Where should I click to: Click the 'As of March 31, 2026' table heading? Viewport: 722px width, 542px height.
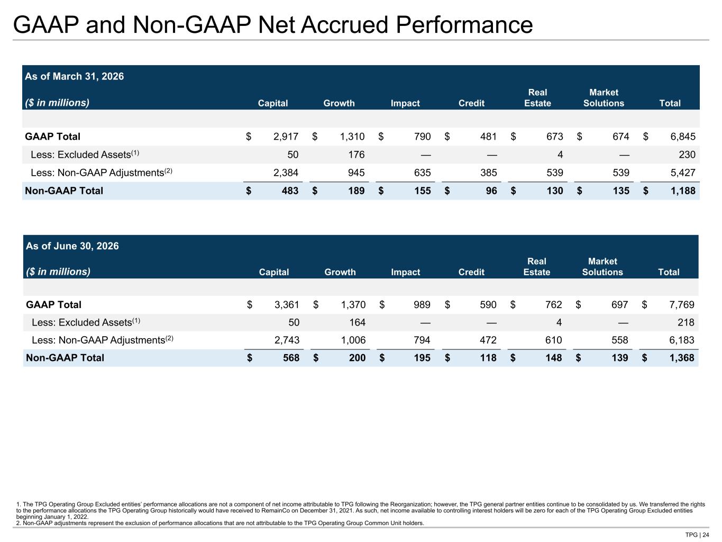pyautogui.click(x=75, y=76)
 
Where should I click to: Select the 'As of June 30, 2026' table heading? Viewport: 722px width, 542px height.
pyautogui.click(x=72, y=246)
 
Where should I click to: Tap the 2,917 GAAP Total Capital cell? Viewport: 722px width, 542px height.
pyautogui.click(x=286, y=136)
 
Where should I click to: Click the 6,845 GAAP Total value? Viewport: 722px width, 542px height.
pyautogui.click(x=683, y=136)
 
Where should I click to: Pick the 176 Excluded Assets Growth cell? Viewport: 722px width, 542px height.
pyautogui.click(x=356, y=155)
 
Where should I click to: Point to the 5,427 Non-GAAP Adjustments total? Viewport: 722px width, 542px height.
pyautogui.click(x=683, y=173)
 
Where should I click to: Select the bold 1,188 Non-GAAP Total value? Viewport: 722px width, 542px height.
pyautogui.click(x=683, y=191)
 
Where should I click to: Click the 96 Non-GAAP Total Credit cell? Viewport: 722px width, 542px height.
pyautogui.click(x=491, y=191)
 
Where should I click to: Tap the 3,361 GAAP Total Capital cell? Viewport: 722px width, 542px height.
pyautogui.click(x=287, y=304)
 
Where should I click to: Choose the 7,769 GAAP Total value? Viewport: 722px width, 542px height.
pyautogui.click(x=682, y=304)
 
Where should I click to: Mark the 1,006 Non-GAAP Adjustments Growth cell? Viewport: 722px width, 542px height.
pyautogui.click(x=353, y=340)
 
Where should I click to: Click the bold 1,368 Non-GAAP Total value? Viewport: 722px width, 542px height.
pyautogui.click(x=682, y=358)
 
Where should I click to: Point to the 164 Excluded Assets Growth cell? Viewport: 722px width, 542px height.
pyautogui.click(x=357, y=322)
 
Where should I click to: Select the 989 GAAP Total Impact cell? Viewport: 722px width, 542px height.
pyautogui.click(x=422, y=304)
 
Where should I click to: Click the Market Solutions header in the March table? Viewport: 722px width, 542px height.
pyautogui.click(x=604, y=98)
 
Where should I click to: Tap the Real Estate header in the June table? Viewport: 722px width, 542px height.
pyautogui.click(x=536, y=267)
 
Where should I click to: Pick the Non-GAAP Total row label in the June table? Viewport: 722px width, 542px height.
pyautogui.click(x=65, y=358)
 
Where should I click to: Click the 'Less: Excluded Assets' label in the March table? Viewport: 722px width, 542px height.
pyautogui.click(x=85, y=155)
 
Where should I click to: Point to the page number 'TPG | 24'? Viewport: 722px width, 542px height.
pyautogui.click(x=697, y=535)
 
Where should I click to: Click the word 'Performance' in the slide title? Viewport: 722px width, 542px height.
pyautogui.click(x=464, y=25)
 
